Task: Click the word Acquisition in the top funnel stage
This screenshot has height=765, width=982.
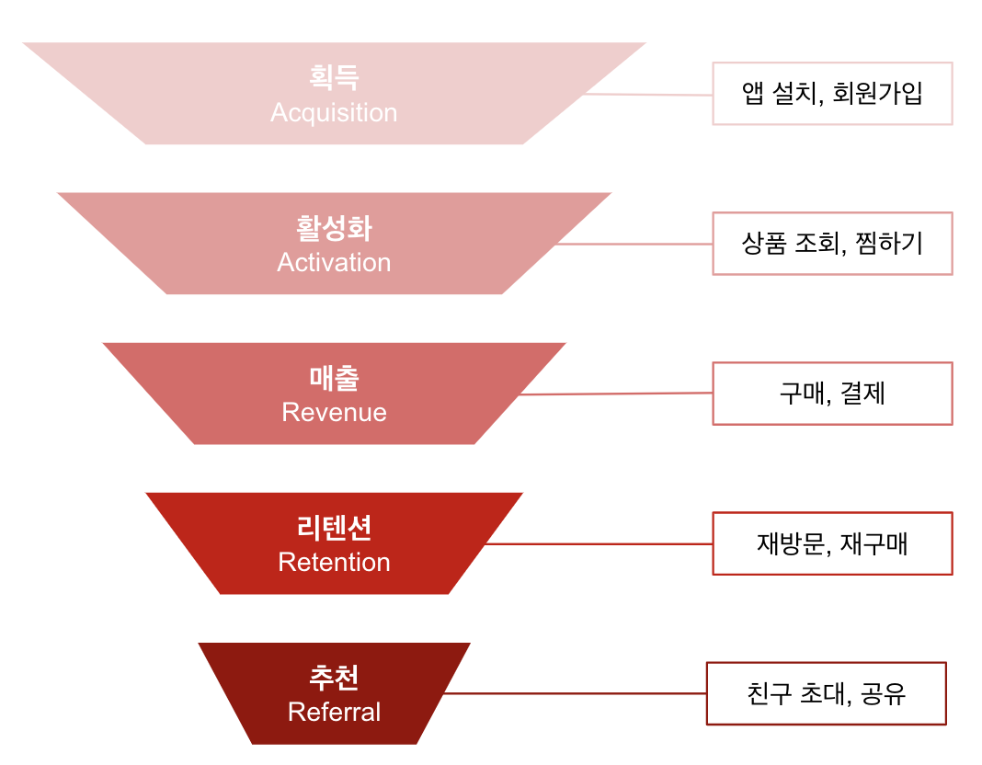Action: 334,113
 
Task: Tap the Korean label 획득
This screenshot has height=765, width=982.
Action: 334,77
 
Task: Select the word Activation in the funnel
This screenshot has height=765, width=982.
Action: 334,263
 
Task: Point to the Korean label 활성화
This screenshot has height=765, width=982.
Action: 334,227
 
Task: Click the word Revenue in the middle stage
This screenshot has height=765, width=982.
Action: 334,412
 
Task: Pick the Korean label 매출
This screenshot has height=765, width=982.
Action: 334,377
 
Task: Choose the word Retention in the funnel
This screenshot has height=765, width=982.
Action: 334,562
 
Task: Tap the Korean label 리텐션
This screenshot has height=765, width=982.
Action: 334,527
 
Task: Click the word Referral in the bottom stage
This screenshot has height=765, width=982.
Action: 334,712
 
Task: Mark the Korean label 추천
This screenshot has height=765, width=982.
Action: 334,678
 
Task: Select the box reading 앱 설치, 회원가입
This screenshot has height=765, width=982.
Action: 832,94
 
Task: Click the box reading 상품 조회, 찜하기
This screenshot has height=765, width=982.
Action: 832,244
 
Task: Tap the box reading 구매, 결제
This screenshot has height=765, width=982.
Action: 832,394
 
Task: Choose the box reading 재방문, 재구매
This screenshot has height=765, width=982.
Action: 832,543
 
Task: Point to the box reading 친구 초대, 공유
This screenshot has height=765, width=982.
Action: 826,693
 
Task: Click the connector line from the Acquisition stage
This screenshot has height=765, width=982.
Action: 648,95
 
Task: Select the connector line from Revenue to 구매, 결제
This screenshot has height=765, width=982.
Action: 616,394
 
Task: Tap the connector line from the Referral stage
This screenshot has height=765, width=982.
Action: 575,693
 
